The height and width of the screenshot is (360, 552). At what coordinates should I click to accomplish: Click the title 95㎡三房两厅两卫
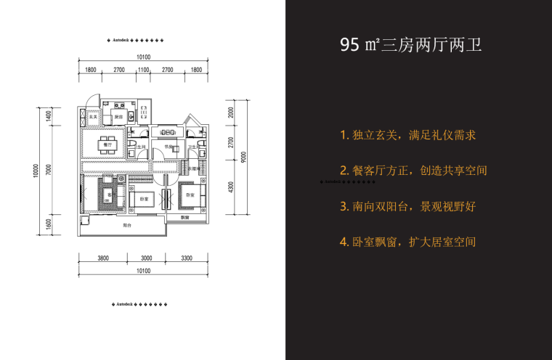click(411, 46)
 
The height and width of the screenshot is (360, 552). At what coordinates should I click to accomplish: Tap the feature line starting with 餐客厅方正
click(413, 171)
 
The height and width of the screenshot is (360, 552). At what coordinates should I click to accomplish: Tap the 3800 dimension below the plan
click(103, 258)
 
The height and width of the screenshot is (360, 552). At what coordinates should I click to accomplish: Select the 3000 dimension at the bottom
click(146, 258)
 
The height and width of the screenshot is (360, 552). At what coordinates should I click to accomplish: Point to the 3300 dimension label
click(186, 258)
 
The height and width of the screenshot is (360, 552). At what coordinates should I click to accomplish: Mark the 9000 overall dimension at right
click(245, 157)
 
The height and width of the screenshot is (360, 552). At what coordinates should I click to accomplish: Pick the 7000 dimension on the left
click(47, 170)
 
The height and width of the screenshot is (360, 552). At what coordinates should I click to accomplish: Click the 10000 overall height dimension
click(33, 171)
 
